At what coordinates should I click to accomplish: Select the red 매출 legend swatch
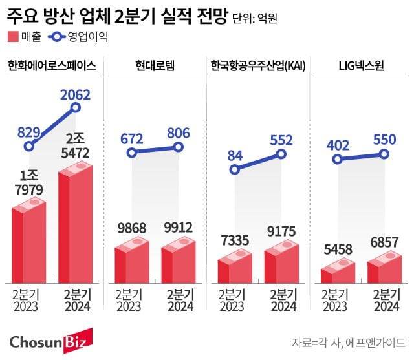(14, 36)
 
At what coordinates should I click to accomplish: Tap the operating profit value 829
(29, 131)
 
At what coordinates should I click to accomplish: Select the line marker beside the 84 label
(234, 169)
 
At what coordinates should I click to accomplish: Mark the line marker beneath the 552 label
(281, 154)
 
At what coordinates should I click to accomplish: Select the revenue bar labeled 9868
(131, 265)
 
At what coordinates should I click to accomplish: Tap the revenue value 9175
(281, 232)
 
